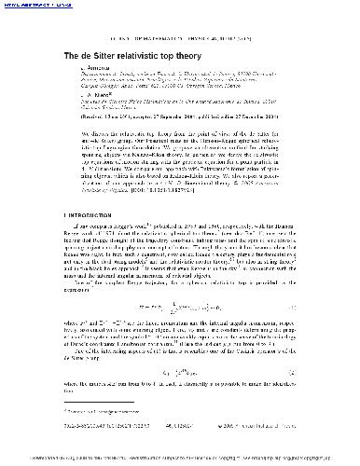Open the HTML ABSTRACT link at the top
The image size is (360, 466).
pos(24,7)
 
